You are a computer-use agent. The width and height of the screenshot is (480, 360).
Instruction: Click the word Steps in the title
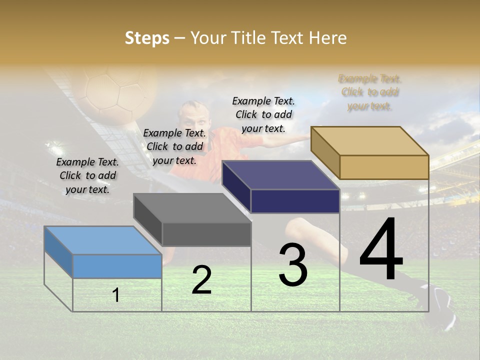147,38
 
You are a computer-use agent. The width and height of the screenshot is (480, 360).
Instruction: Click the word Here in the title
327,38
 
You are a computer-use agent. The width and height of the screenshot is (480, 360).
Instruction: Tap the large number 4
381,249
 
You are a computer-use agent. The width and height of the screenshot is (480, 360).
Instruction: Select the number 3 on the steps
293,264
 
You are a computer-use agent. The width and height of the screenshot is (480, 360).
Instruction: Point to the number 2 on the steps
201,280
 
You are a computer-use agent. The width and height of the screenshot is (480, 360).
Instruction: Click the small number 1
116,295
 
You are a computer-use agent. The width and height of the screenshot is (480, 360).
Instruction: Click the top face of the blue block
103,240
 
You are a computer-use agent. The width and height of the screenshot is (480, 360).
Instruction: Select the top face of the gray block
192,208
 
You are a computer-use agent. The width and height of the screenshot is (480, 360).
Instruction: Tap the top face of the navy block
280,175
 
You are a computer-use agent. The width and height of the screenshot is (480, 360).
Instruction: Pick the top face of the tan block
369,141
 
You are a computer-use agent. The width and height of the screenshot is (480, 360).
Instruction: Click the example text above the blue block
87,176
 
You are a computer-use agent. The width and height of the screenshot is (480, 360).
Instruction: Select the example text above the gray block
174,147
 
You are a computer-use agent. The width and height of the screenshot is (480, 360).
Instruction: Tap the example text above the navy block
263,115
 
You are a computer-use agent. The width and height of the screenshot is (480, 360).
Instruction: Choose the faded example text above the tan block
370,92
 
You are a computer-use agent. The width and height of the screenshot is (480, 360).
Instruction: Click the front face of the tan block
384,167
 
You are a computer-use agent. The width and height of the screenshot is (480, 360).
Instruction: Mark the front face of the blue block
117,266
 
